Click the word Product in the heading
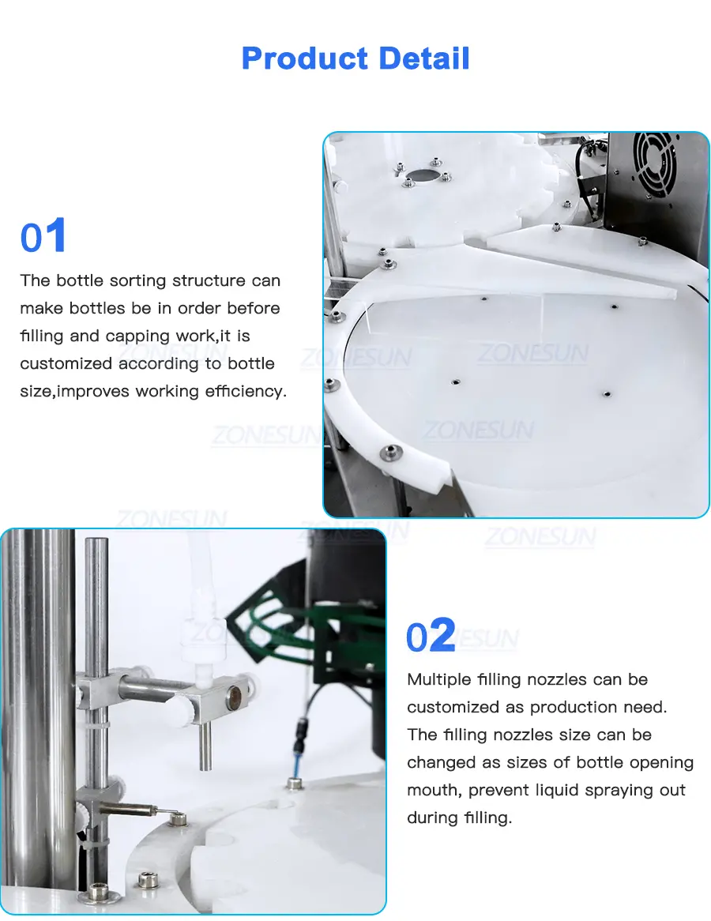click(x=305, y=58)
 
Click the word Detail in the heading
click(x=424, y=58)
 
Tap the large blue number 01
click(x=43, y=236)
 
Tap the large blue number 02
click(x=431, y=635)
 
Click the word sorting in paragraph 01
click(x=146, y=280)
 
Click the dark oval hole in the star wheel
click(x=421, y=175)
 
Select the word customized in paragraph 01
click(x=66, y=363)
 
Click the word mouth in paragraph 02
click(x=433, y=791)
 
